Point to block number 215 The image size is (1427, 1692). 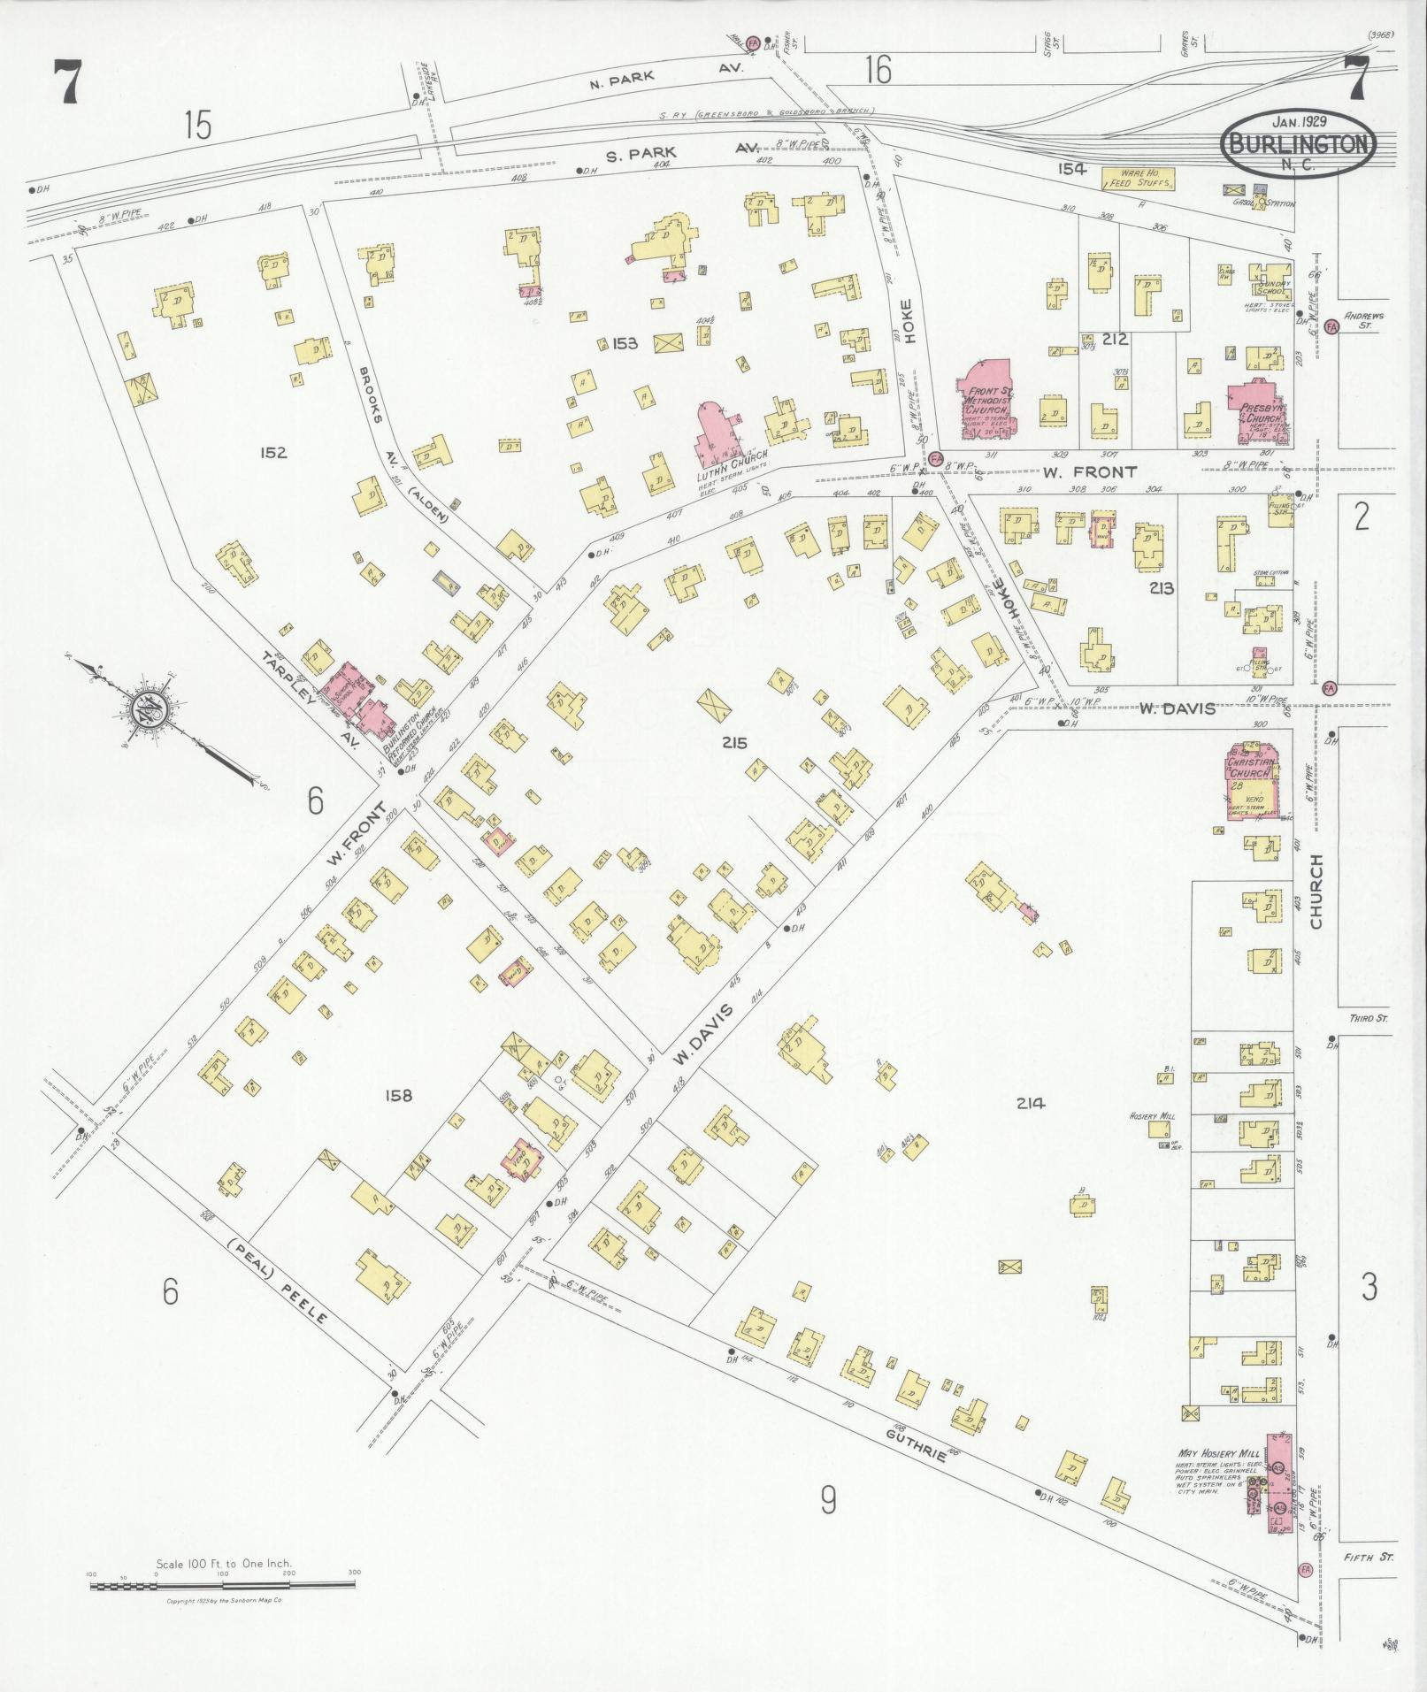pyautogui.click(x=733, y=741)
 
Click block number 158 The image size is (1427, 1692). pyautogui.click(x=398, y=1095)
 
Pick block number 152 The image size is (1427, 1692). pyautogui.click(x=273, y=452)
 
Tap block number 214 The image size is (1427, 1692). pyautogui.click(x=1031, y=1103)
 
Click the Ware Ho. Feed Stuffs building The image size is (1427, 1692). pyautogui.click(x=1138, y=179)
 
